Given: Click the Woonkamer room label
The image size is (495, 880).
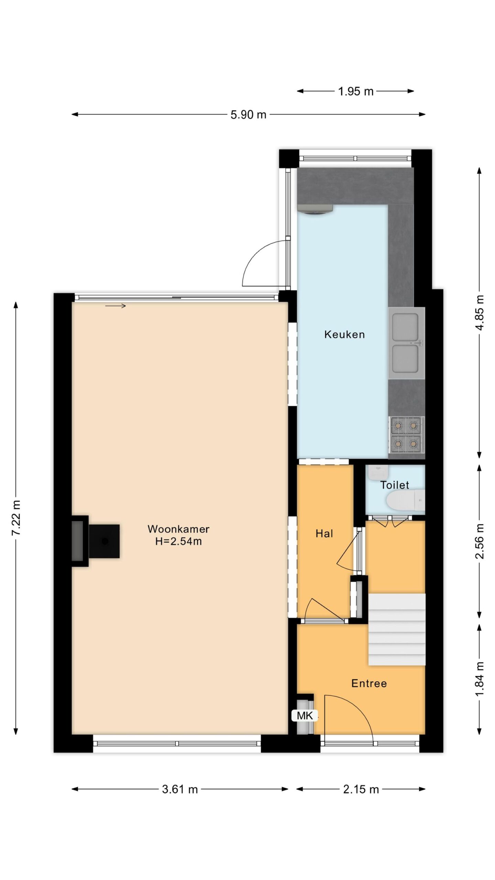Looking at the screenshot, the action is click(x=178, y=529).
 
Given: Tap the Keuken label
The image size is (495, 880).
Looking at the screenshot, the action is click(x=344, y=334).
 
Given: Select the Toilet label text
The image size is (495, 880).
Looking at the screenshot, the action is click(x=395, y=485).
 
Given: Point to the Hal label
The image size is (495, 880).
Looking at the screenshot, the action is click(x=324, y=533).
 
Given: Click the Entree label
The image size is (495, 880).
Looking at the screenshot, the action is click(x=369, y=683).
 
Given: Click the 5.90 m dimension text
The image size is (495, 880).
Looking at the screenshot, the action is click(x=248, y=114).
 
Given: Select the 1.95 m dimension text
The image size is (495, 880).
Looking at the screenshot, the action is click(x=355, y=91).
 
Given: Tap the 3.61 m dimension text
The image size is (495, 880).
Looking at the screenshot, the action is click(x=180, y=789).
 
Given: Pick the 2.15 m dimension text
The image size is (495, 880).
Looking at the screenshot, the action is click(x=361, y=789).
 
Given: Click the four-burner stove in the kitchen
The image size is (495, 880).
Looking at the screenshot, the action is click(x=407, y=435).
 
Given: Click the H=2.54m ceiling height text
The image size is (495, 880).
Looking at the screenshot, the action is click(x=178, y=541).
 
